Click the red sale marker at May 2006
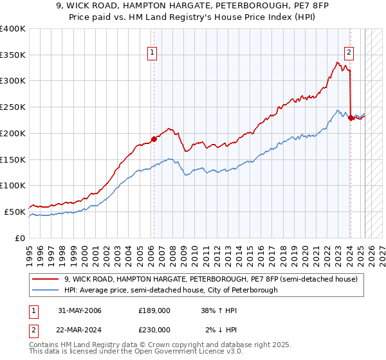tap(154, 138)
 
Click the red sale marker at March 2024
tap(350, 118)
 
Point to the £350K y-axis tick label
tap(13, 55)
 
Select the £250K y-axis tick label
tap(13, 107)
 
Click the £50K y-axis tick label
tap(15, 212)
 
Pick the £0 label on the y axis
tap(21, 238)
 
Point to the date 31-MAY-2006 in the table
tap(79, 310)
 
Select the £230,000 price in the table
tap(154, 329)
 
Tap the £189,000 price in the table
tap(154, 310)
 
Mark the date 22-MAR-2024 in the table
tap(80, 329)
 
